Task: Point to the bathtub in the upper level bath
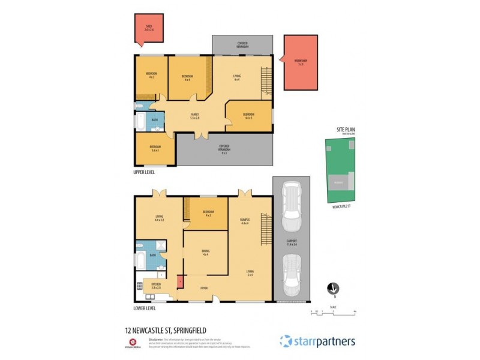point(139,124)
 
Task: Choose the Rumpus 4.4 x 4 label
point(244,221)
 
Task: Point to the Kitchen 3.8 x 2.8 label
point(157,285)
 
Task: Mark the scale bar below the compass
point(334,311)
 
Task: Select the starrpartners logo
point(317,341)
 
